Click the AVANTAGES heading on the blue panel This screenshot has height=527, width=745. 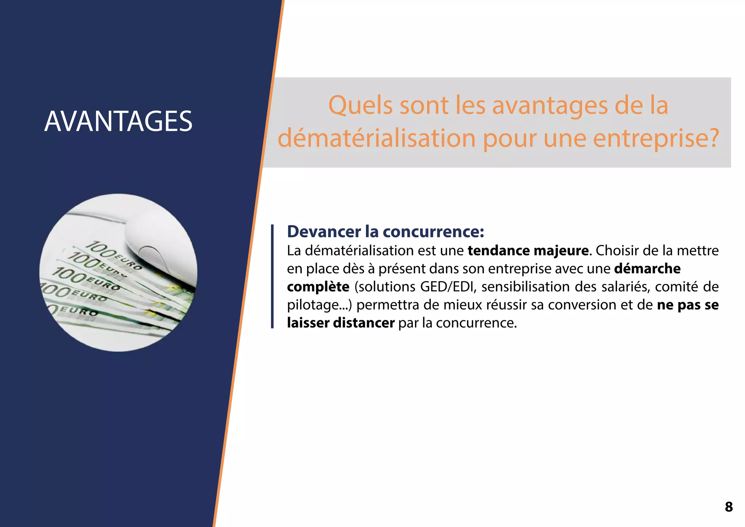tap(118, 121)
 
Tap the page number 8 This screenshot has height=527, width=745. tap(729, 507)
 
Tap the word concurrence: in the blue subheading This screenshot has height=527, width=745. tap(433, 231)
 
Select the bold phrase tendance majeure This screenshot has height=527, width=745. tap(528, 251)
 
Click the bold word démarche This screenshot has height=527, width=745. tap(647, 269)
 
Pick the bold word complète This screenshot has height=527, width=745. tap(318, 287)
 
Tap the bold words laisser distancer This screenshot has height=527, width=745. tap(340, 323)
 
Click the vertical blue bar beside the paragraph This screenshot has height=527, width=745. tap(272, 277)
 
